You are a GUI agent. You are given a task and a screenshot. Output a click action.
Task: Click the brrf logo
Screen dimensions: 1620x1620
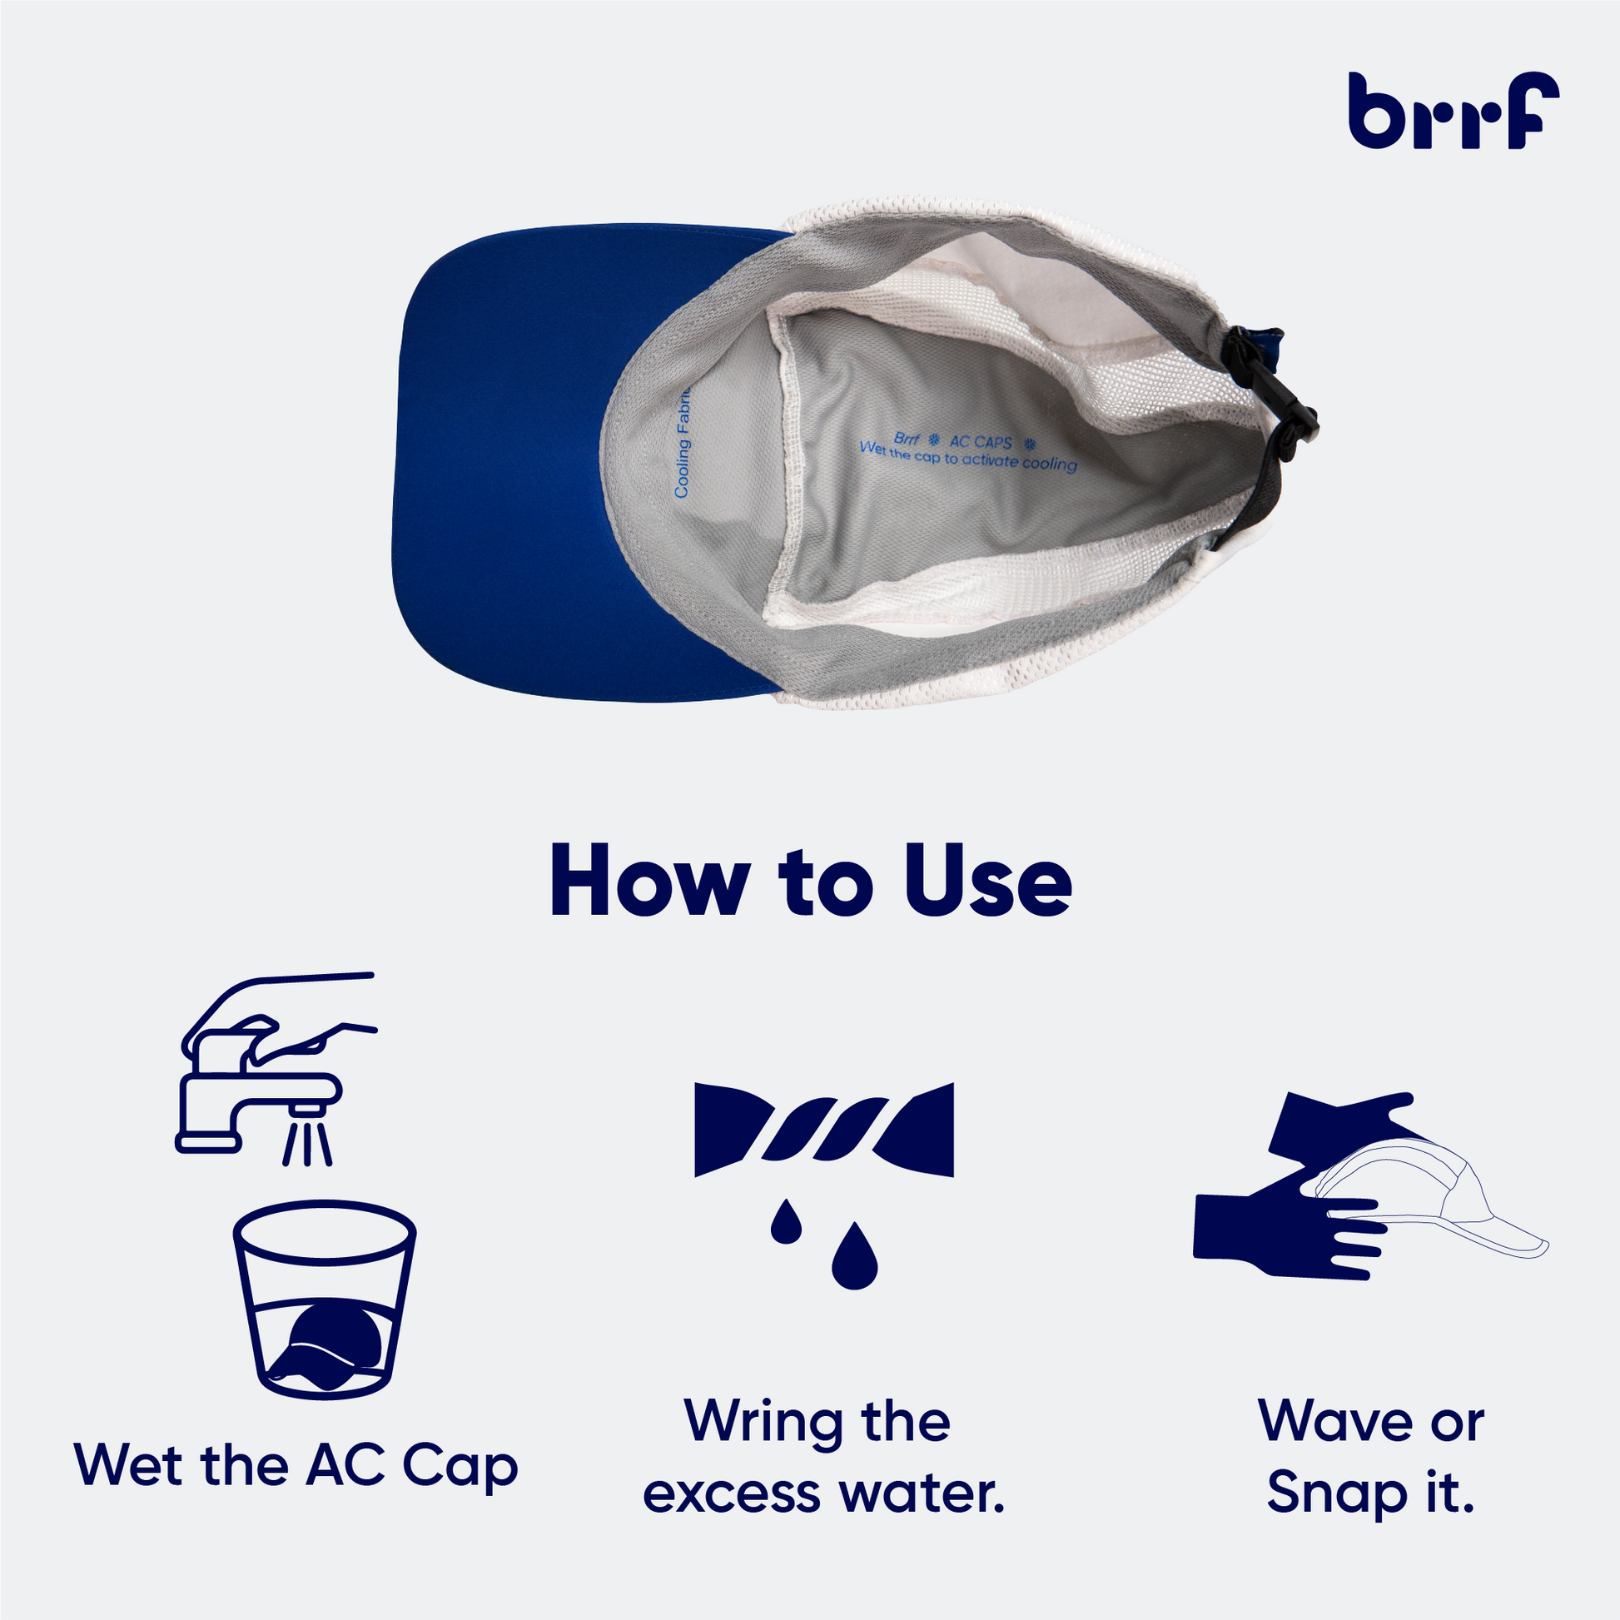pyautogui.click(x=1454, y=111)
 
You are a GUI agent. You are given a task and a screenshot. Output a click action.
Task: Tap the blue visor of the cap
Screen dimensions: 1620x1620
pyautogui.click(x=503, y=461)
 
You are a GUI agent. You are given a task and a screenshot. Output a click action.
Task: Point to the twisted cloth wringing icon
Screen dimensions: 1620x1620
pyautogui.click(x=824, y=1130)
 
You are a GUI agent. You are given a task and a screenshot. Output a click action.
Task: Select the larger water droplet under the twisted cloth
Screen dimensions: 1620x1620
pyautogui.click(x=854, y=1255)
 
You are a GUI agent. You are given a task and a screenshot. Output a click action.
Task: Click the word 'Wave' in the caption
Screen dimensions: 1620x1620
pyautogui.click(x=1328, y=1422)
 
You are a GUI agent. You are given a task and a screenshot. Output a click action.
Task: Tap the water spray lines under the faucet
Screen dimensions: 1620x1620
pyautogui.click(x=307, y=1142)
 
